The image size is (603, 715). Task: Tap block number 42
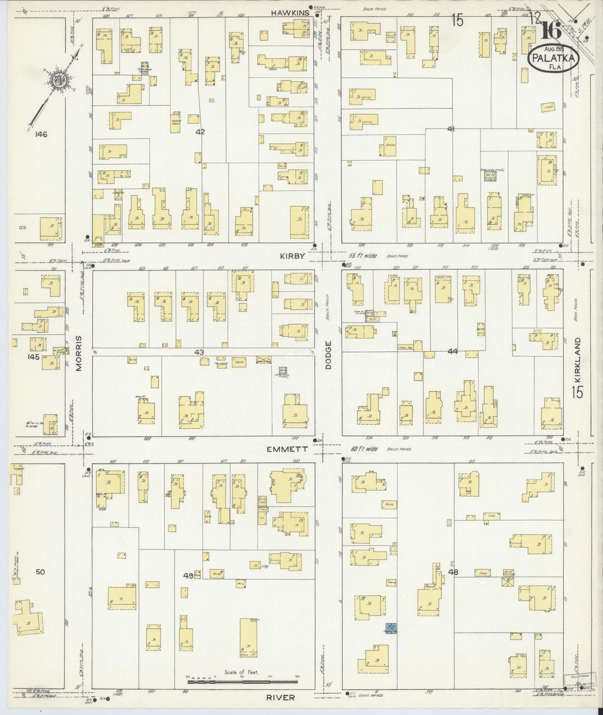(x=200, y=132)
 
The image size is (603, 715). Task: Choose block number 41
(x=451, y=129)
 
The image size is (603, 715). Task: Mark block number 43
(x=199, y=352)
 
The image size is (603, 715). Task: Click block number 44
(x=452, y=352)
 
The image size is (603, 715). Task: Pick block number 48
(x=453, y=572)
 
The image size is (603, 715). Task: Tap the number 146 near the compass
(x=41, y=134)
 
